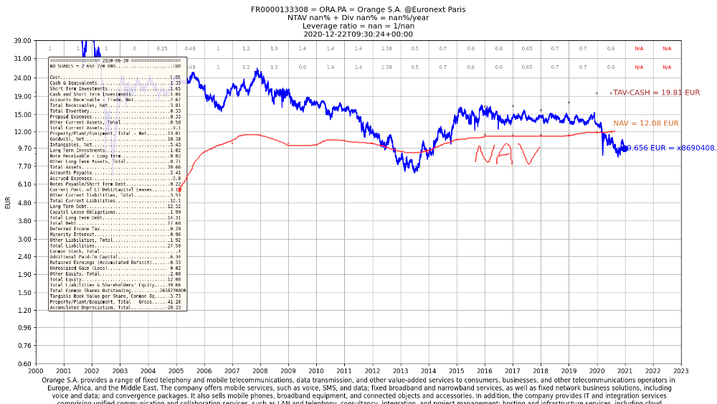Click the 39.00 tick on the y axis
coord(22,41)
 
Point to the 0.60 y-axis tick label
coord(22,363)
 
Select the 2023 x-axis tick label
coord(680,371)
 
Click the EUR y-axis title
coord(8,202)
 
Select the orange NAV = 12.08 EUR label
coord(645,123)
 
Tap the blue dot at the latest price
coord(624,148)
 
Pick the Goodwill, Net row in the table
coord(115,139)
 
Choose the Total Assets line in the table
coord(115,166)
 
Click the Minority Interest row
coord(115,234)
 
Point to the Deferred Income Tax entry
coord(115,228)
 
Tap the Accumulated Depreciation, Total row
coord(115,307)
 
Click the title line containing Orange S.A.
coord(358,9)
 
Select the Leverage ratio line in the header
coord(358,26)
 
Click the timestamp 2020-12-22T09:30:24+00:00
coord(358,34)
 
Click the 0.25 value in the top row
coord(162,49)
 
